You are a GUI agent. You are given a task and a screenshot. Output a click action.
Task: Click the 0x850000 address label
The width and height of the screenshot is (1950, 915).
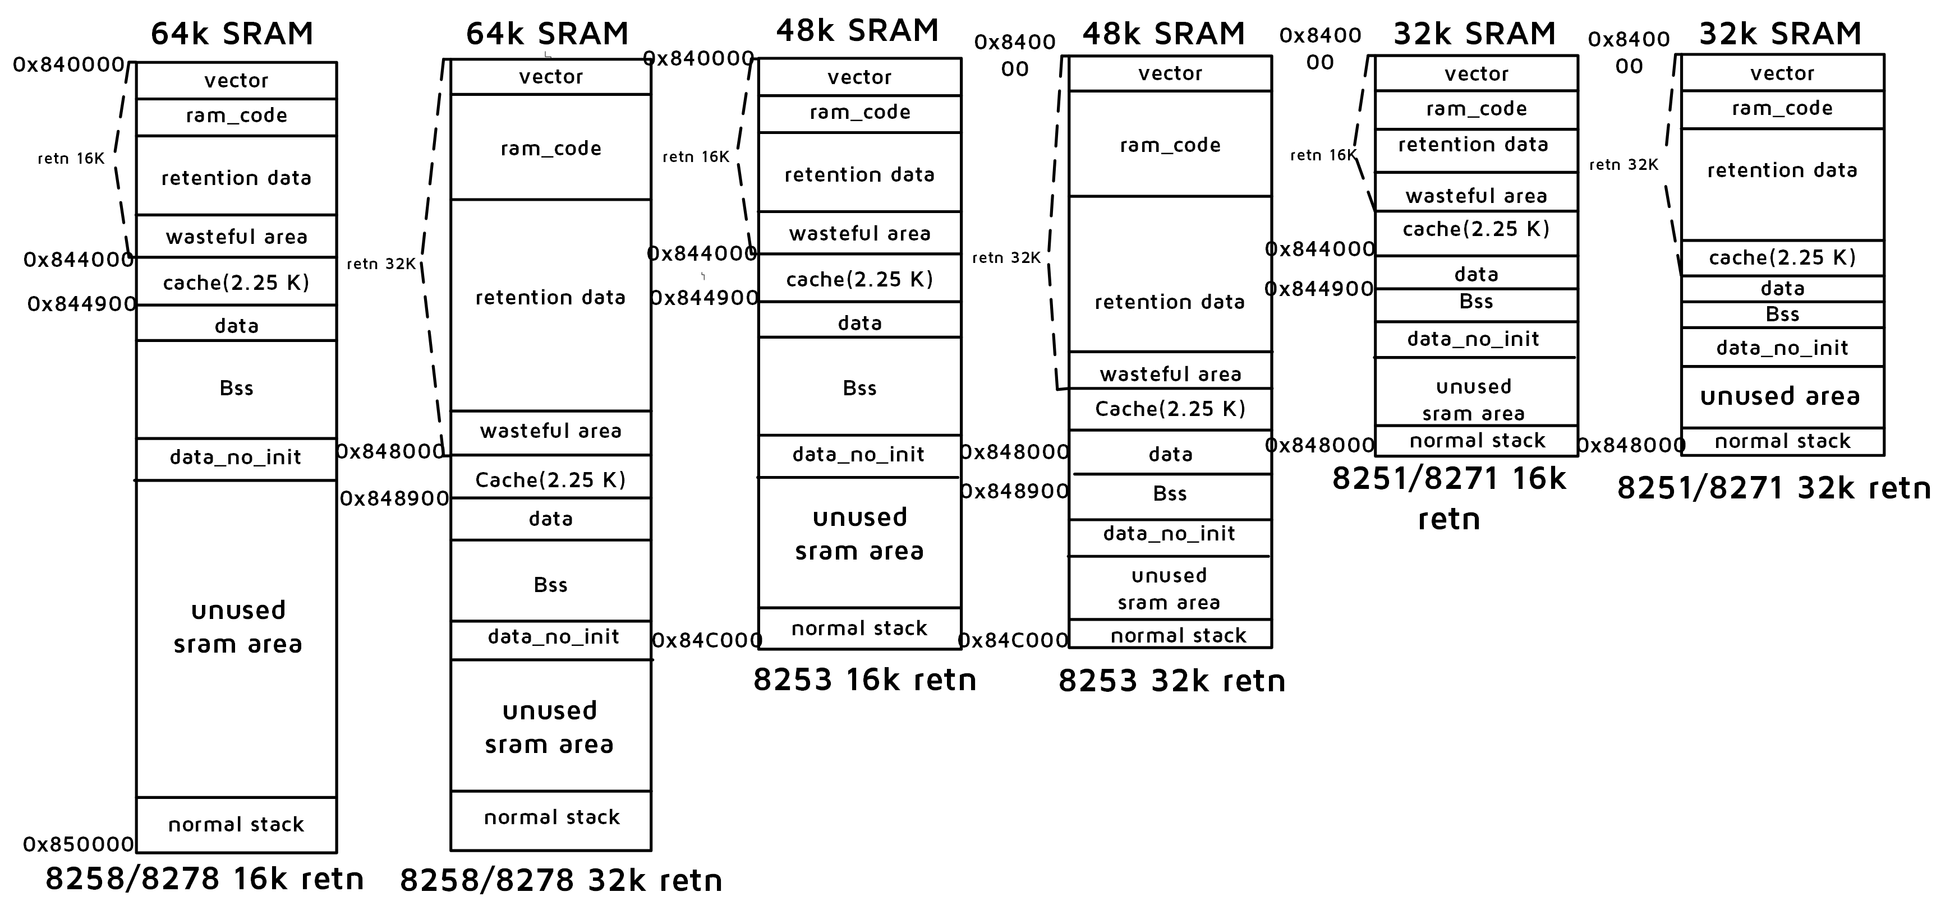78,844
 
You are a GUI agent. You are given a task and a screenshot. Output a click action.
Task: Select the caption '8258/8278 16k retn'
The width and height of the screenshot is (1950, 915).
204,879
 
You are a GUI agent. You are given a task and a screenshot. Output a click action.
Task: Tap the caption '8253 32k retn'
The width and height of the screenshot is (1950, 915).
1171,681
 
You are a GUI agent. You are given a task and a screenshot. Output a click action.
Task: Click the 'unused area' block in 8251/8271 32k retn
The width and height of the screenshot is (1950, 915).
1781,396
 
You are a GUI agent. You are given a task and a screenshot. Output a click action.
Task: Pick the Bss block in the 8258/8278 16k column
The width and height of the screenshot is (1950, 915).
236,388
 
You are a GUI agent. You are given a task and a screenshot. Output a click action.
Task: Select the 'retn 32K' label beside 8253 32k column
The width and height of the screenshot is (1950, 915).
1006,258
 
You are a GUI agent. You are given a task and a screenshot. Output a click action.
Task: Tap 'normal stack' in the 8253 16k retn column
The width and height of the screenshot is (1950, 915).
859,628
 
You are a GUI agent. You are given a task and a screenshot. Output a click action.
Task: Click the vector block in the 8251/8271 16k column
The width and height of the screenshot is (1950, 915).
1476,73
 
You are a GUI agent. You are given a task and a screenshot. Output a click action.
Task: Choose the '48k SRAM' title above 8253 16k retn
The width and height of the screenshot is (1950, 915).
857,30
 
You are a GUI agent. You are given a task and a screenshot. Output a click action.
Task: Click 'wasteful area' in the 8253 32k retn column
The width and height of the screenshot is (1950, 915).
1170,374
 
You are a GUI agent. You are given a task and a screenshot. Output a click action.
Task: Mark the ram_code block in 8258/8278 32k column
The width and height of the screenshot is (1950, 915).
550,147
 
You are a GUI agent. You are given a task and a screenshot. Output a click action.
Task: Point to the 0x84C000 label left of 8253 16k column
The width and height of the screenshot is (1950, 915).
706,640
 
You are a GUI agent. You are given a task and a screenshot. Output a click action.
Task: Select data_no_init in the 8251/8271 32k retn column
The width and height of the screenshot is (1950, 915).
1782,348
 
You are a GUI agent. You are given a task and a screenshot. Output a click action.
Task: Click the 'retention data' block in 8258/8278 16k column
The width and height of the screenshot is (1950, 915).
236,178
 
